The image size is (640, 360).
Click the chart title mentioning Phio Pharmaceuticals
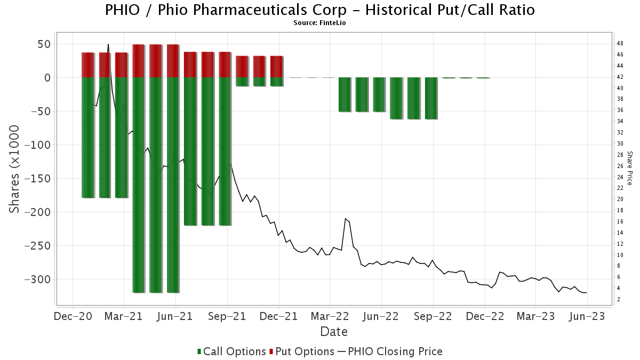[320, 10]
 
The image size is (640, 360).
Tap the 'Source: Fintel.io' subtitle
[320, 23]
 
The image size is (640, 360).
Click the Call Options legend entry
[231, 351]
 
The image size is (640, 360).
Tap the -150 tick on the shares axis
[39, 179]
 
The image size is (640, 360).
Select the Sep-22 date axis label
[433, 316]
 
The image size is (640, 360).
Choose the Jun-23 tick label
[587, 316]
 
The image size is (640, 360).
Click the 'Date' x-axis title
[334, 331]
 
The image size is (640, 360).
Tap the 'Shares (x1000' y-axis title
[15, 169]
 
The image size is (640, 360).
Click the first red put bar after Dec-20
[87, 65]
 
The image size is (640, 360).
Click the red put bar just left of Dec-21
[276, 66]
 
